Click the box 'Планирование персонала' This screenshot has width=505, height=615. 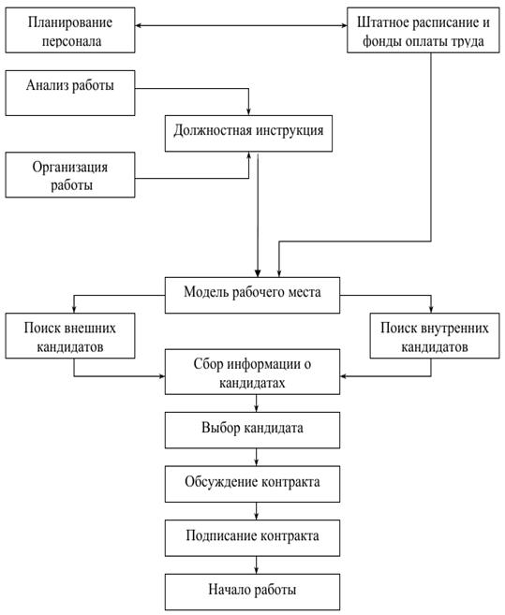[70, 30]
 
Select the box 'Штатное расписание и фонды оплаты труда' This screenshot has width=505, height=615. [423, 30]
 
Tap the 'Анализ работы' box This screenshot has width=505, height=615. [70, 93]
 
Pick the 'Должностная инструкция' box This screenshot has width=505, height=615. [248, 133]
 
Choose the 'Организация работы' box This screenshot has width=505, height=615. [70, 175]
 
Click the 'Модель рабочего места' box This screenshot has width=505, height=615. [252, 296]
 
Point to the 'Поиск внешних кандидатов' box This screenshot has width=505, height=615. [70, 336]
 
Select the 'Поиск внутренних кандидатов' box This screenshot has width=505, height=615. [435, 336]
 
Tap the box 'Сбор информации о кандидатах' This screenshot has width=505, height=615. [252, 372]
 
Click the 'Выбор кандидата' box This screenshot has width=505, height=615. [252, 431]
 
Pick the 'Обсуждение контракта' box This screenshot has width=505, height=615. [252, 484]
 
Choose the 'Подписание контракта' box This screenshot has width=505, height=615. [252, 538]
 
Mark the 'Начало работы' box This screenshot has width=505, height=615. [252, 592]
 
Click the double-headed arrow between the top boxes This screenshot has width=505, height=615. [241, 26]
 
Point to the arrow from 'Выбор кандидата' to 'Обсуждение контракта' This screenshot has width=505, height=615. [257, 458]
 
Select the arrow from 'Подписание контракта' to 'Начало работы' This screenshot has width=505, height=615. [257, 565]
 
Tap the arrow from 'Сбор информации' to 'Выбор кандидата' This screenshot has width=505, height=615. [257, 403]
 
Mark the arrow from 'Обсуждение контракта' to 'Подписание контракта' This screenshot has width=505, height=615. [257, 511]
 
